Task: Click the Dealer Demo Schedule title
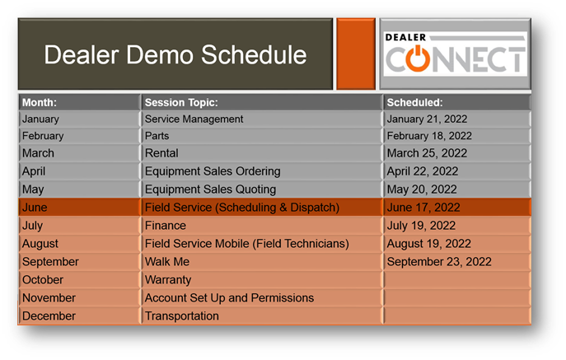(x=175, y=55)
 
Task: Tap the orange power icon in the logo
(x=418, y=58)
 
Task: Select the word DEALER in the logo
(x=405, y=37)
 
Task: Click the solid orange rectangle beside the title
(x=356, y=54)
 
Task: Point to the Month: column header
(x=40, y=102)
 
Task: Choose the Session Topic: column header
(x=181, y=102)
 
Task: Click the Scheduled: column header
(x=414, y=102)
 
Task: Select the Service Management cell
(x=194, y=119)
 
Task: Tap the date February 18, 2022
(x=429, y=136)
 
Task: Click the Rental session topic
(x=161, y=153)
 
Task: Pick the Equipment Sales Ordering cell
(x=213, y=171)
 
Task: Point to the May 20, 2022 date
(x=422, y=189)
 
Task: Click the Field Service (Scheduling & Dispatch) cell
(x=242, y=208)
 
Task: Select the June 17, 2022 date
(x=423, y=208)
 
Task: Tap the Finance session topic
(x=166, y=226)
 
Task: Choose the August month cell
(x=40, y=244)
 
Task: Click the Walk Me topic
(x=167, y=261)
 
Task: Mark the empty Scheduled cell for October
(x=457, y=280)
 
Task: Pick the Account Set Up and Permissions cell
(x=229, y=298)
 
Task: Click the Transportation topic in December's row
(x=181, y=316)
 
